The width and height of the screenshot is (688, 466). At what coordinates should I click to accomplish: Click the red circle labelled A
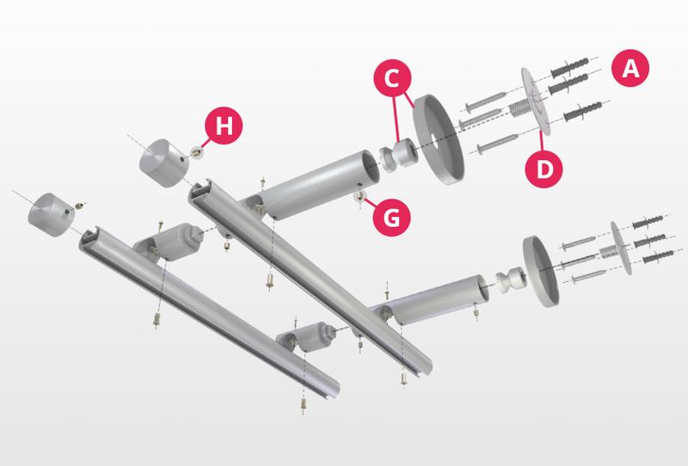630,68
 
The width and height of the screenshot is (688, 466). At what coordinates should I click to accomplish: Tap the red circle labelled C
392,78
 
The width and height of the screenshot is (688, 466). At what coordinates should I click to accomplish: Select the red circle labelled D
544,169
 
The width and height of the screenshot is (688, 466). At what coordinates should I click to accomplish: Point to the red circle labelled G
391,218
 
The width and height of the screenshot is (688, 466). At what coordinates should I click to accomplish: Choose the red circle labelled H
224,126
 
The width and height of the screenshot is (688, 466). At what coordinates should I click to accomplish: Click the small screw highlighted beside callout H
197,152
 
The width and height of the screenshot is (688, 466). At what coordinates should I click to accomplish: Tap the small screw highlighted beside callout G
359,197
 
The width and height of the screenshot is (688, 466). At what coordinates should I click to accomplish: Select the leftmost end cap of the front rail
49,215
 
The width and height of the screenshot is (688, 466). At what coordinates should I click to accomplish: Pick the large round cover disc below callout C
439,139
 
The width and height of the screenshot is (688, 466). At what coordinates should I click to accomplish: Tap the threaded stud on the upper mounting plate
519,107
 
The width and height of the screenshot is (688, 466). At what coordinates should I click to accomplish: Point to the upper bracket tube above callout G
318,184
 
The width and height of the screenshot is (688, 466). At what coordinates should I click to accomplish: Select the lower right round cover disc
541,271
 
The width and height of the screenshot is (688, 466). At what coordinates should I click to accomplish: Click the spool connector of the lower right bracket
510,280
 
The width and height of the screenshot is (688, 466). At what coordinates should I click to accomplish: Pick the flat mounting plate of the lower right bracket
621,248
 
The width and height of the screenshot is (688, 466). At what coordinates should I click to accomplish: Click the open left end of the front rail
90,239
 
